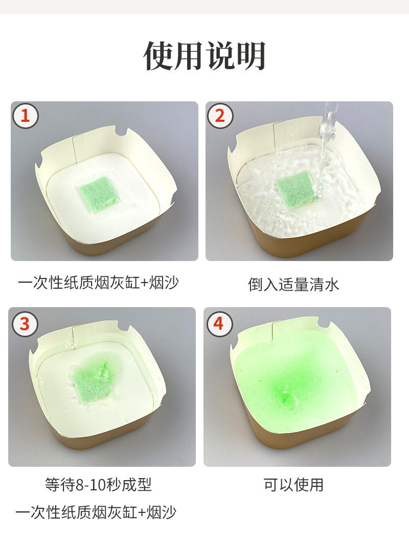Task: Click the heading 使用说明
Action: pyautogui.click(x=204, y=56)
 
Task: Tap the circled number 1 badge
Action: pyautogui.click(x=25, y=116)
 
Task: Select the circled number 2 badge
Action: pyautogui.click(x=220, y=116)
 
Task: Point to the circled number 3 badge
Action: pyautogui.click(x=25, y=324)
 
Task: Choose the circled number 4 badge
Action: pyautogui.click(x=219, y=324)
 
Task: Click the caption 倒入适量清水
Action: pyautogui.click(x=293, y=285)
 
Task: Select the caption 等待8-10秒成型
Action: pyautogui.click(x=98, y=485)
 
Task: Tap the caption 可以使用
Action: pyautogui.click(x=293, y=485)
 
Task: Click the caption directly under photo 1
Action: pyautogui.click(x=98, y=283)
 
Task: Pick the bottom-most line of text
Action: pyautogui.click(x=96, y=512)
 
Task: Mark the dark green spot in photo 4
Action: pyautogui.click(x=284, y=399)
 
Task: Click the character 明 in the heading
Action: pyautogui.click(x=251, y=56)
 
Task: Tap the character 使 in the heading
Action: pyautogui.click(x=158, y=56)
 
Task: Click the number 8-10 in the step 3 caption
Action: pyautogui.click(x=93, y=485)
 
